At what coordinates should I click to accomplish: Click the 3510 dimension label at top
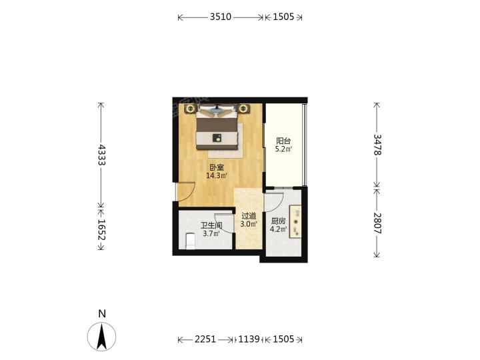coord(221,17)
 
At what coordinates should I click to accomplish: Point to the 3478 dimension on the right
coord(377,145)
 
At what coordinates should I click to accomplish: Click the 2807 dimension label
coord(377,223)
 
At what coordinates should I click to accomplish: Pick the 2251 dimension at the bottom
coord(205,339)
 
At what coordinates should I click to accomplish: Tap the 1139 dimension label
coord(249,339)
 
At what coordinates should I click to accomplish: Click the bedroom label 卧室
coord(217,167)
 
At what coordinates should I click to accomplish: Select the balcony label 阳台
coord(283,141)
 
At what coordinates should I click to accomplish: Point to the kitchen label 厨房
coord(278,221)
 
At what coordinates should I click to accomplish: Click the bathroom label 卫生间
coord(211,226)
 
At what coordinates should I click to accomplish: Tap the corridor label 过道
coord(249,216)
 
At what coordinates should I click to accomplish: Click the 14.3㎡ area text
coord(217,176)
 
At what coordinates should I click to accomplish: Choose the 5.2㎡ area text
coord(283,149)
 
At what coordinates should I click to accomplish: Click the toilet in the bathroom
coord(190,241)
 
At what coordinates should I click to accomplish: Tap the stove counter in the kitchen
coord(295,221)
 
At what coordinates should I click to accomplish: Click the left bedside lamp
coord(191,109)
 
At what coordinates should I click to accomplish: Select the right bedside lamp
coord(243,109)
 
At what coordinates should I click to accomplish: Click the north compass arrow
coord(101,337)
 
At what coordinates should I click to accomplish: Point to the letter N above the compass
coord(102,314)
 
